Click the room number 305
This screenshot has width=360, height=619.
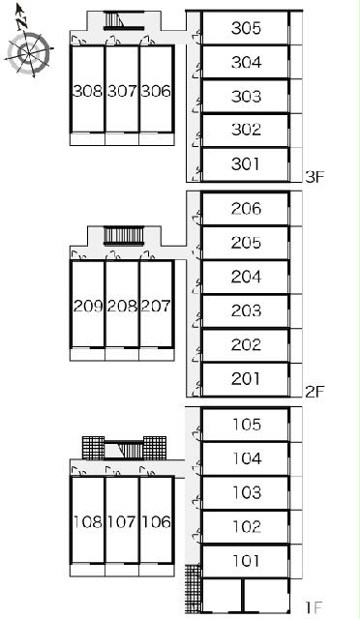coord(246,28)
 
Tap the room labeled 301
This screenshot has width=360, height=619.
coord(246,163)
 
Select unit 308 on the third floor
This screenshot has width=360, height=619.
coord(88,91)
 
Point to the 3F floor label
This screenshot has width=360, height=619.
coord(315,177)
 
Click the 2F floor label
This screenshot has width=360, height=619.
coord(315,392)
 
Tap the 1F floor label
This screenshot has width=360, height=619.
coord(315,606)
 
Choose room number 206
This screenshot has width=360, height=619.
coord(246,209)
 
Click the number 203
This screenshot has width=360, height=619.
coord(246,310)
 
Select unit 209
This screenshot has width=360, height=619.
coord(88,306)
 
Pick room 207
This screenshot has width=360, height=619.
coord(156,306)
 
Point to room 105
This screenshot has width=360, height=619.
coord(247,425)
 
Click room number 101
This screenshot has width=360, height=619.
coord(247,561)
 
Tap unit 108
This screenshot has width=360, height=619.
coord(88,522)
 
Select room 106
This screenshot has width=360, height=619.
coord(156,522)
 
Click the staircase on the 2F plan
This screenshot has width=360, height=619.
coord(123,236)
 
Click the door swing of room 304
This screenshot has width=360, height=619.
coord(196,71)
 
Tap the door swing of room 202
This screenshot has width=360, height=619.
coord(196,355)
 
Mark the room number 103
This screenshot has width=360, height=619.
coord(247,492)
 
